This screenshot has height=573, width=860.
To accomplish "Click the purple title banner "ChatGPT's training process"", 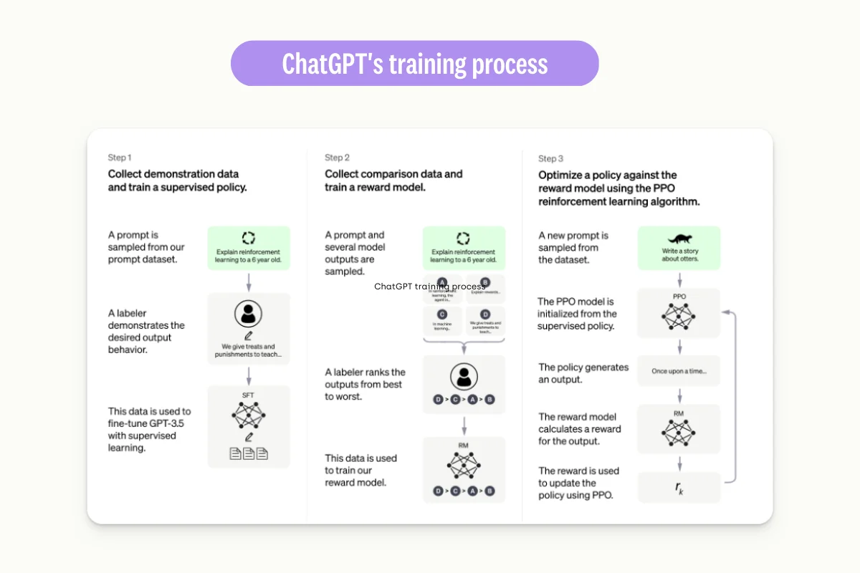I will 414,64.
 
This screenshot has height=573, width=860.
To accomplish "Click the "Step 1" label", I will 120,158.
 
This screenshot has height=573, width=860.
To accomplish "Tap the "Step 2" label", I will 337,158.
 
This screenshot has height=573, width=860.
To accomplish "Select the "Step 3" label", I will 550,158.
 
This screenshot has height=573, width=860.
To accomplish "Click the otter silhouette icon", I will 679,239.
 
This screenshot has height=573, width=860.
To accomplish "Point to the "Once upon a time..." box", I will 679,372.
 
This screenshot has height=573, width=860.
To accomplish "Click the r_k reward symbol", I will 679,488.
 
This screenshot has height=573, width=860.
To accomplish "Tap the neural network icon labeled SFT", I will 249,415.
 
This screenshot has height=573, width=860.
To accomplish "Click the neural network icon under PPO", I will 679,315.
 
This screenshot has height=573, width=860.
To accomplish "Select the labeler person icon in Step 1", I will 249,313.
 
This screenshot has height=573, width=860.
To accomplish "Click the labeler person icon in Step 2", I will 464,375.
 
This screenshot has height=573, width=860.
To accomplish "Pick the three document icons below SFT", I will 249,453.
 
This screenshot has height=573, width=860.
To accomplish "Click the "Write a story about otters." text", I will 679,255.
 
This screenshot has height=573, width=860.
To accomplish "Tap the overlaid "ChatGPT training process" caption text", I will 429,286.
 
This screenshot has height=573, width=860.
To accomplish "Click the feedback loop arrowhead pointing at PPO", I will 725,312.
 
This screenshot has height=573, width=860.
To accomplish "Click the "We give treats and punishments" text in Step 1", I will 249,350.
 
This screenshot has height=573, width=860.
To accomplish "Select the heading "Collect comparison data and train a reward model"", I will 393,180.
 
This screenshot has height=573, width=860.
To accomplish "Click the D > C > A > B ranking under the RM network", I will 464,491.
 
